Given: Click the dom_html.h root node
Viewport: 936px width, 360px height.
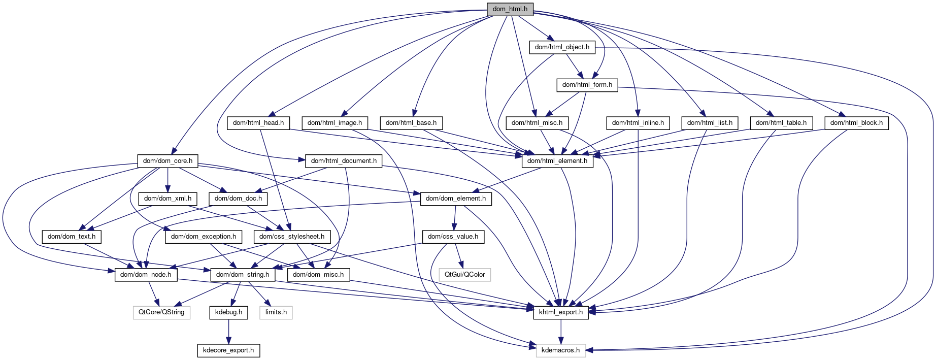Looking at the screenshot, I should tap(510, 9).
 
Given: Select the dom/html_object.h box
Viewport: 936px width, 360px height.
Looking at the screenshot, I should tap(562, 47).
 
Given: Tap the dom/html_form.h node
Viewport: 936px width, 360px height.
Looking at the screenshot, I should tap(587, 85).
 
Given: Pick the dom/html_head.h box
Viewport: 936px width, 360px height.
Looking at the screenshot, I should tap(258, 123).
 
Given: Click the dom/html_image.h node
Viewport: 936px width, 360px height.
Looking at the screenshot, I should tap(335, 123).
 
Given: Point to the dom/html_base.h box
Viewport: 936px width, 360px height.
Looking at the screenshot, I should tap(411, 123).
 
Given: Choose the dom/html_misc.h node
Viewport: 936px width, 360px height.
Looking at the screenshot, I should tap(537, 123).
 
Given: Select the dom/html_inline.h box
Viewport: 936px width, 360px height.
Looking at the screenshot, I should tap(638, 123).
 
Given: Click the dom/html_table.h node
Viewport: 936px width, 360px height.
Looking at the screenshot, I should tap(781, 123).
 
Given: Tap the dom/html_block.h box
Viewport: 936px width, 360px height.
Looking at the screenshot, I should tap(856, 123).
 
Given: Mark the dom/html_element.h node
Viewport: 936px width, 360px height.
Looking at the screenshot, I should tap(557, 161).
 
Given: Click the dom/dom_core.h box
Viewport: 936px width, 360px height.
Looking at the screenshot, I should tap(168, 161).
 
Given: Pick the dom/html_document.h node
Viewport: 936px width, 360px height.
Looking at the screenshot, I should tap(344, 161).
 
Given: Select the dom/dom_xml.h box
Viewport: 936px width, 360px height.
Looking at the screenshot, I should tap(168, 199).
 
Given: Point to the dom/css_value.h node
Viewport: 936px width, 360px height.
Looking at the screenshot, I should tap(453, 237).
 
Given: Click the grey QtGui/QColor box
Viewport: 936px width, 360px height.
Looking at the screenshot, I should tap(464, 275).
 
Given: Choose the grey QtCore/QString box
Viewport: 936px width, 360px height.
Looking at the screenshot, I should tap(161, 312).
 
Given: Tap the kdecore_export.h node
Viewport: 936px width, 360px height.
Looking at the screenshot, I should tap(228, 350).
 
